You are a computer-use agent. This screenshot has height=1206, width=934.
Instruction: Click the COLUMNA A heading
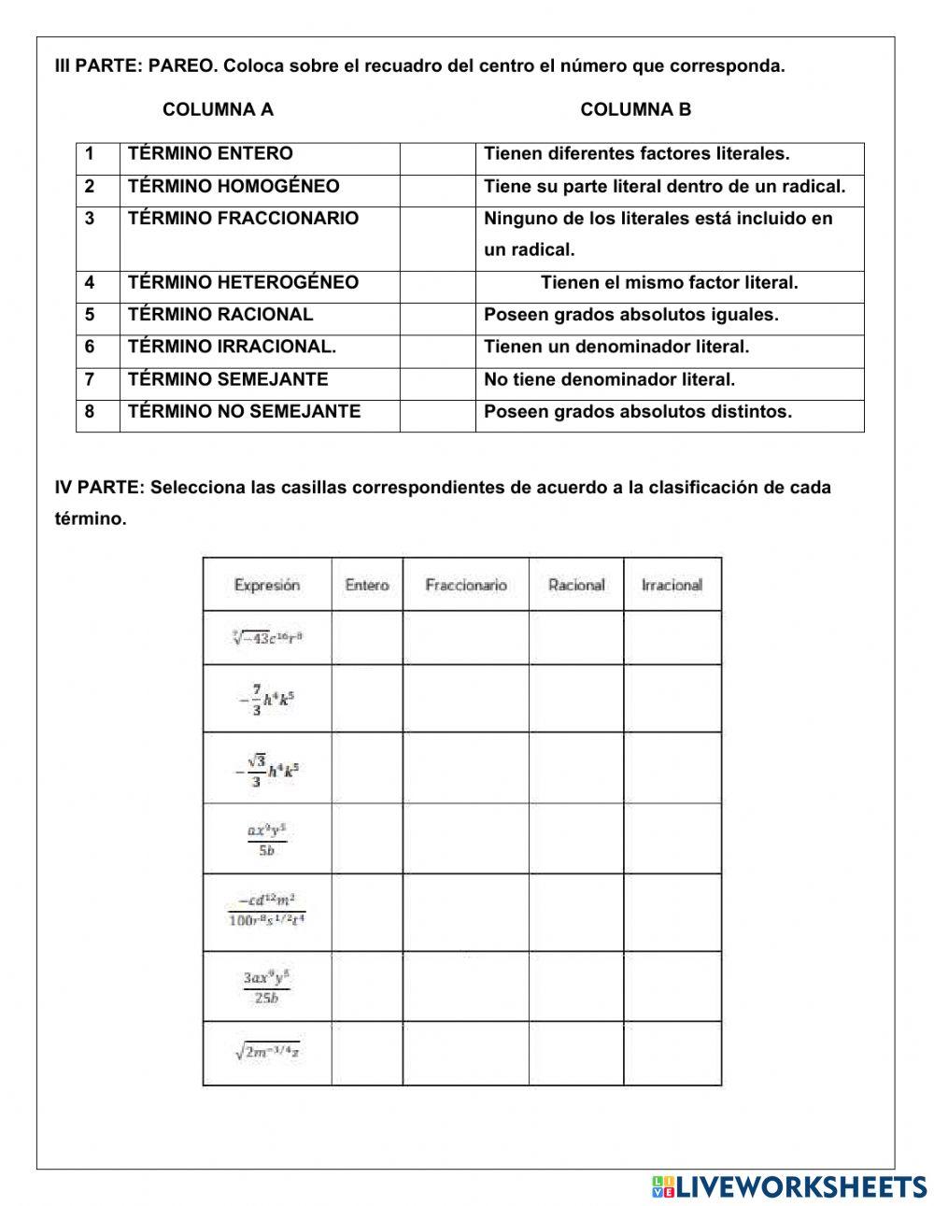pos(218,109)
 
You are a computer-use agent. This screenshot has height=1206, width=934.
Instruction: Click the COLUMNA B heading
pos(635,109)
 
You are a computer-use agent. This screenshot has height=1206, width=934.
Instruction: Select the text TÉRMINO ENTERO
pos(210,153)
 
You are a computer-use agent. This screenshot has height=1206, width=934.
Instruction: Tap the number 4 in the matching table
pos(90,282)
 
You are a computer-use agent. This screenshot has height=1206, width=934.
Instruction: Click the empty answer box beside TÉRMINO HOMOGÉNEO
pos(437,186)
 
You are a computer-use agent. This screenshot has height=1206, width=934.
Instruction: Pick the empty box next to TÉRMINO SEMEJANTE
pos(437,379)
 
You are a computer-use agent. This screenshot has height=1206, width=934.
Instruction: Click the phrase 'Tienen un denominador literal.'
pos(616,347)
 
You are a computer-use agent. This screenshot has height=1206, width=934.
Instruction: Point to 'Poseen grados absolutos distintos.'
pos(637,411)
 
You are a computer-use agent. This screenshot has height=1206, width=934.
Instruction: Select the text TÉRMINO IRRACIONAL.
pos(232,347)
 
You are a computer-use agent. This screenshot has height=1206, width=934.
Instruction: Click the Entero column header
pos(367,585)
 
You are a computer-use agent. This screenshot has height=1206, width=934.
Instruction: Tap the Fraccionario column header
pos(465,585)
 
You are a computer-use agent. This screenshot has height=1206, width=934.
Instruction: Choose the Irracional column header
pos(672,585)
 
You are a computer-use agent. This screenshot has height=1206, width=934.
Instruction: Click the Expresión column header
pos(267,585)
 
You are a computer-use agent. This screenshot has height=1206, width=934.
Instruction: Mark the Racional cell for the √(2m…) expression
pos(576,1053)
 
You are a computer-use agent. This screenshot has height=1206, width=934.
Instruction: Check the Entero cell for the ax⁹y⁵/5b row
pos(367,838)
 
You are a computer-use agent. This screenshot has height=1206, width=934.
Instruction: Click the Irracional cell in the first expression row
pos(672,638)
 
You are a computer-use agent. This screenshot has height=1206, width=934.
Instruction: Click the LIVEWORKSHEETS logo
pos(789,1185)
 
